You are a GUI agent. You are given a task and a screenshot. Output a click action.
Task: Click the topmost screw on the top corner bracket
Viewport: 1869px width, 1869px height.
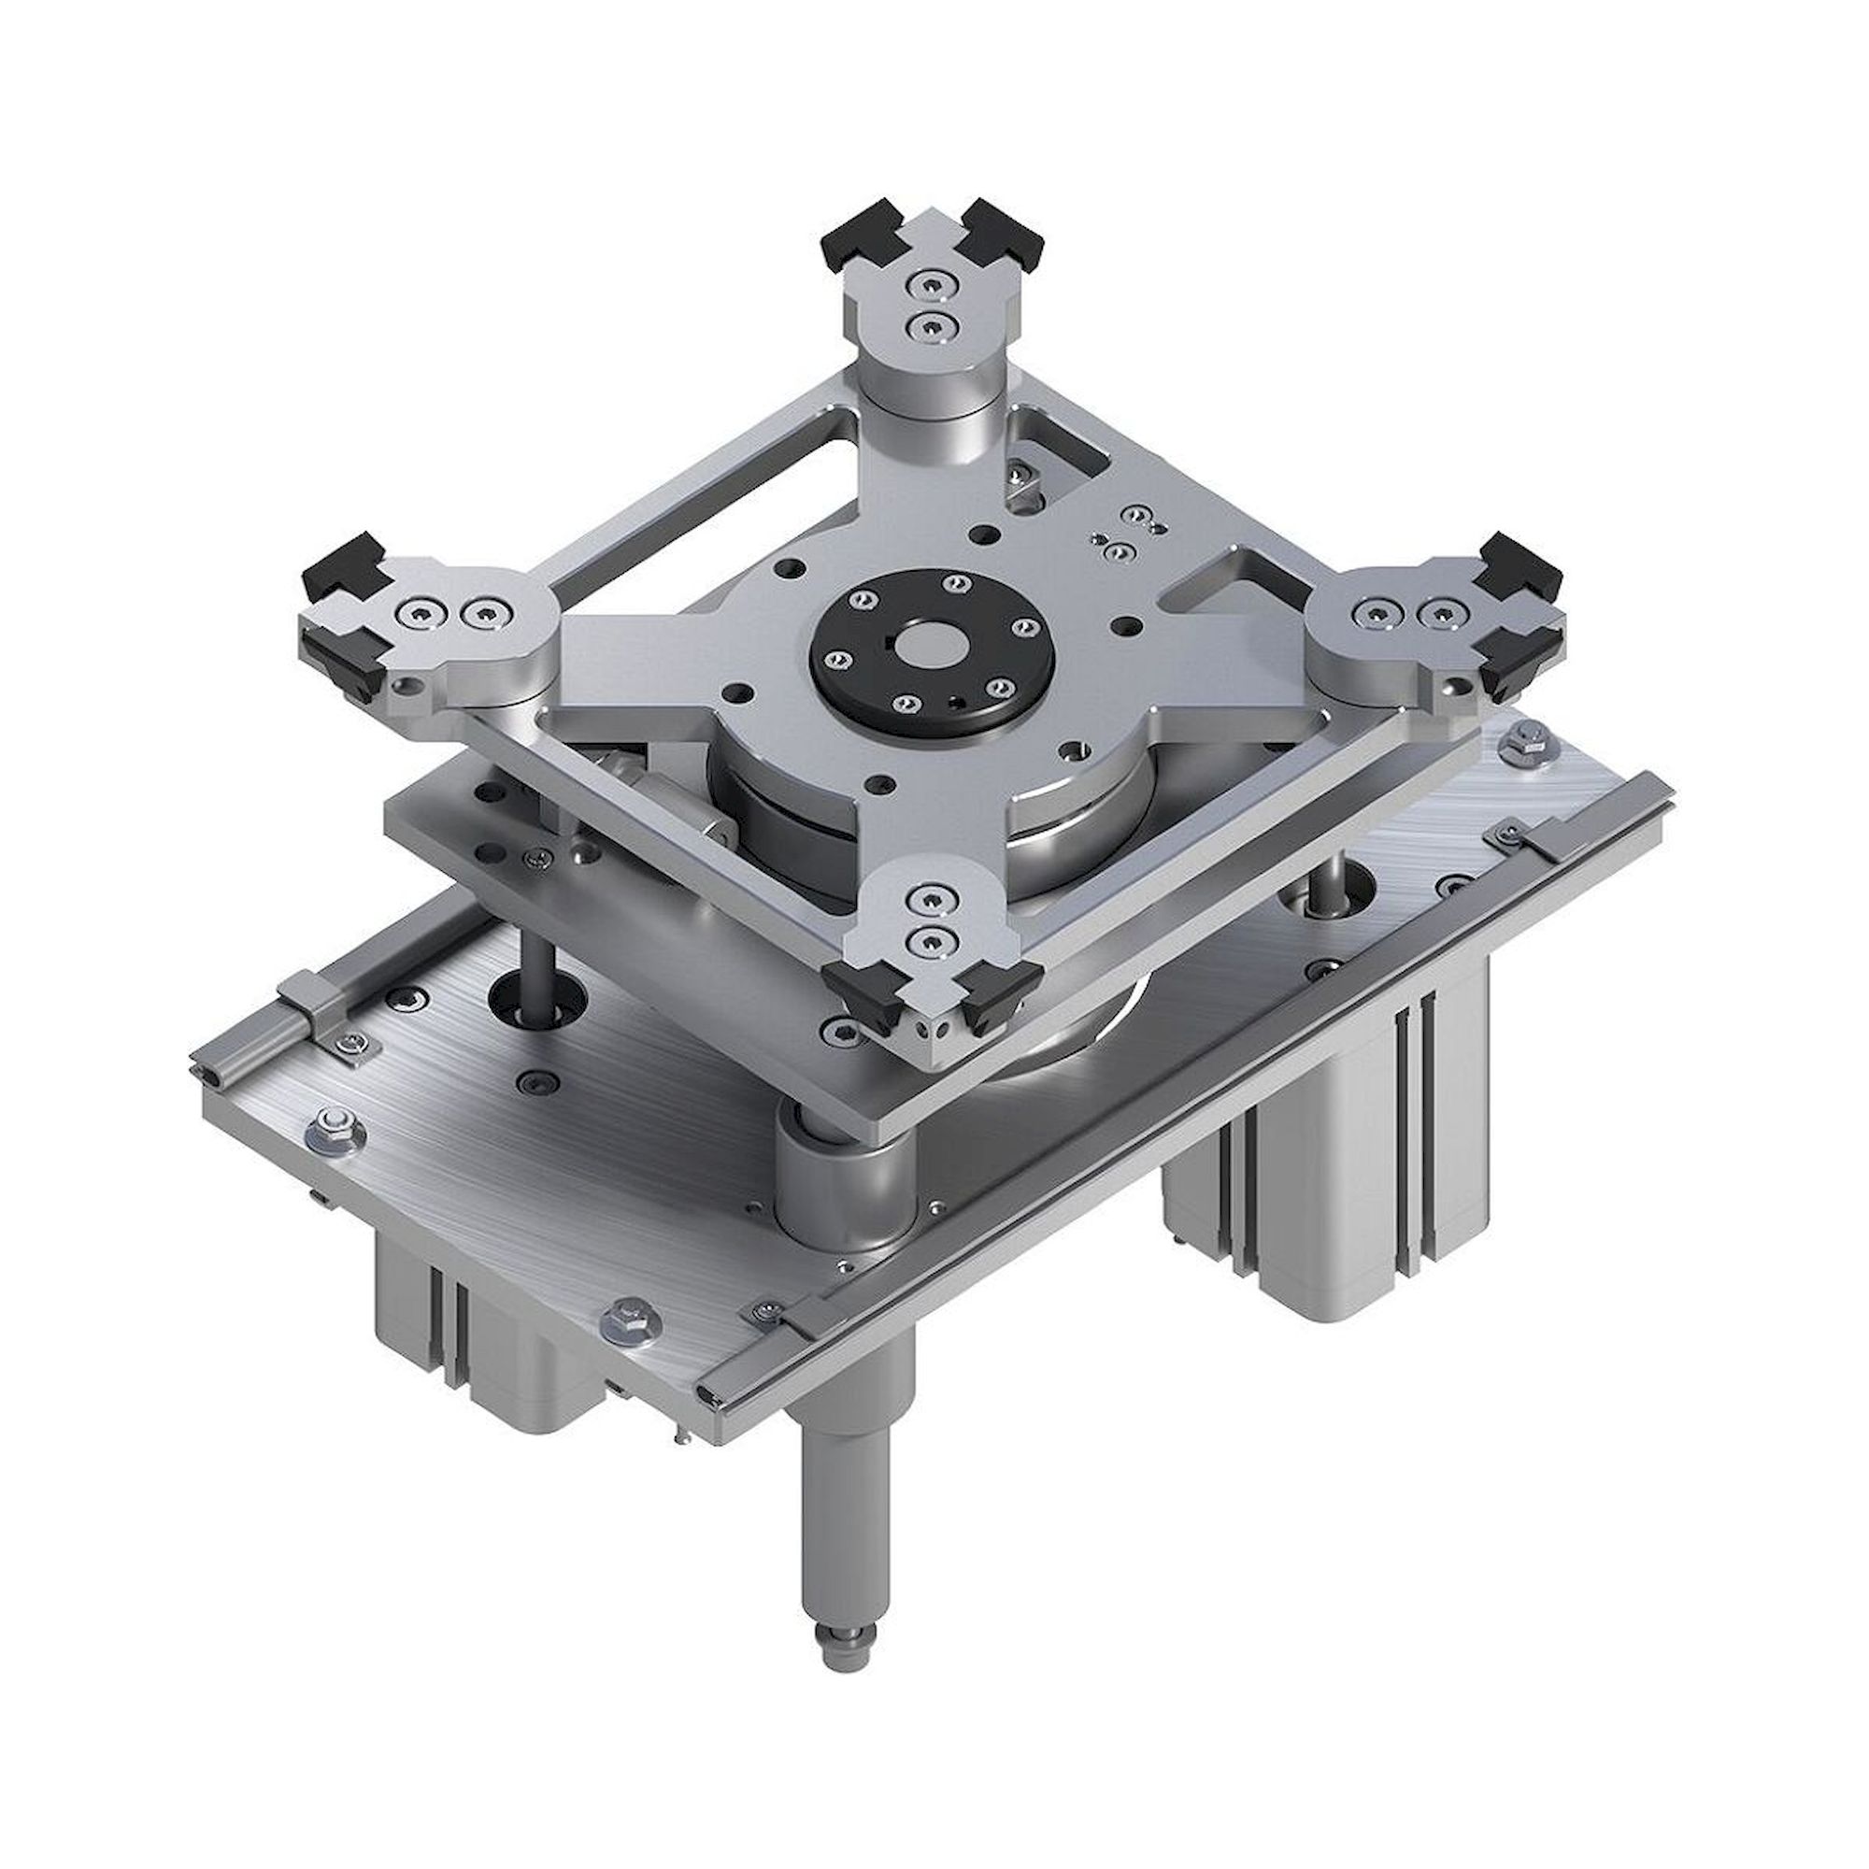[x=929, y=286]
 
